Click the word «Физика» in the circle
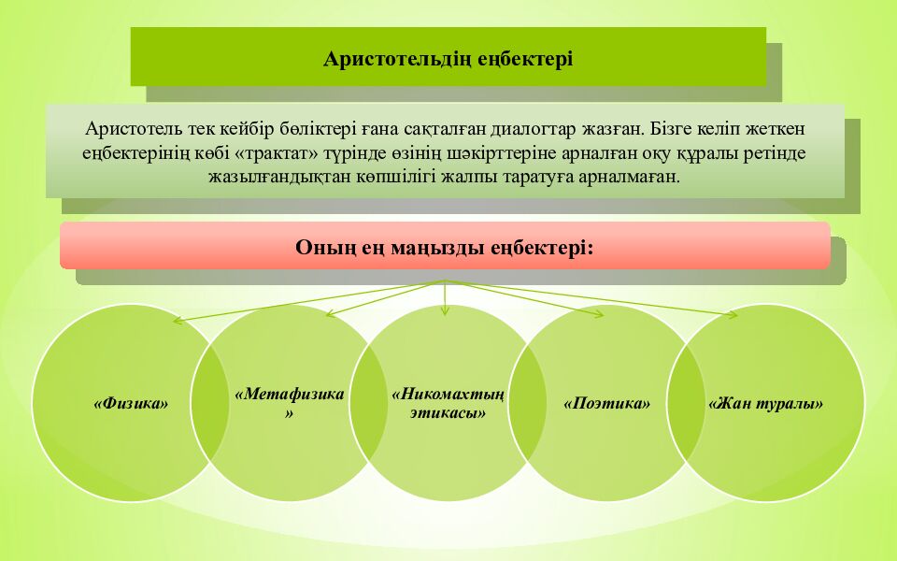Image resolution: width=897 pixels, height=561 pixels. (x=131, y=404)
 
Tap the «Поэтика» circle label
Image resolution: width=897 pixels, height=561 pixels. (x=607, y=404)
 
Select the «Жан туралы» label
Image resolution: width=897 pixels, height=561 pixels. (x=766, y=404)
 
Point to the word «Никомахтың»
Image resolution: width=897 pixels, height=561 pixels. (x=448, y=395)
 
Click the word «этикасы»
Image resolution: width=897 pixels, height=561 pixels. (x=448, y=412)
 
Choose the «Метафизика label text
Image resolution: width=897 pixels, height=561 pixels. (x=290, y=394)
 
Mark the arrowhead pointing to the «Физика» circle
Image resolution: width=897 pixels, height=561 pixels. (x=178, y=321)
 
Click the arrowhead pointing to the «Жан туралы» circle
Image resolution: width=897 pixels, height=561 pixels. (x=733, y=314)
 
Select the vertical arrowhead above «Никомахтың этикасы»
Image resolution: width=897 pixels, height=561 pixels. (x=445, y=310)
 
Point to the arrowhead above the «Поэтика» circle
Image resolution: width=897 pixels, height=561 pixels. (x=598, y=313)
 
